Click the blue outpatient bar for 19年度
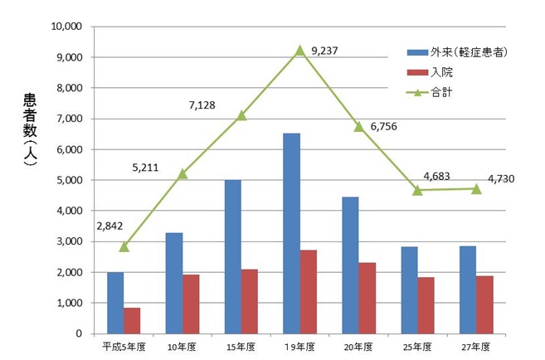click(x=291, y=233)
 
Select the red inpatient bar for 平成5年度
click(x=132, y=320)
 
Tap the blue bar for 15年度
click(x=232, y=256)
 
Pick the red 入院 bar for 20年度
click(x=367, y=298)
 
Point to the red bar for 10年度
click(x=191, y=304)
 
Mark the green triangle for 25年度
click(x=417, y=190)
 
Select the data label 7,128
click(x=203, y=105)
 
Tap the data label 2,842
click(x=110, y=226)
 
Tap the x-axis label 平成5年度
click(x=123, y=346)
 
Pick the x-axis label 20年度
click(x=358, y=346)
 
